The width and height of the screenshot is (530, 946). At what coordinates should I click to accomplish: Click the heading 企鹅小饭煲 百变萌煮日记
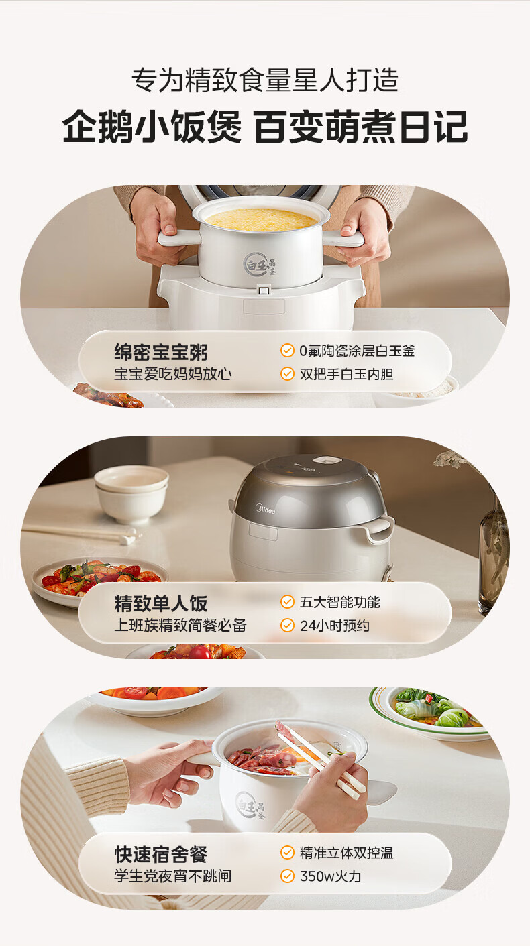tap(265, 126)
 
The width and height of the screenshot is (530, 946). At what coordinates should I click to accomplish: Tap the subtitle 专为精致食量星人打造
tap(265, 79)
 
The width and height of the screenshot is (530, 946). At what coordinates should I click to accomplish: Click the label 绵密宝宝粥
tap(160, 352)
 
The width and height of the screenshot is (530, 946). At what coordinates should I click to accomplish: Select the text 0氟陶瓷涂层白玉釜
tap(357, 351)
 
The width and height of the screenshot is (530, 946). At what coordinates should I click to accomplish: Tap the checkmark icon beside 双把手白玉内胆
tap(287, 373)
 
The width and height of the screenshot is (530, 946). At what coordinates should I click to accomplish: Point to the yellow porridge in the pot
tap(261, 219)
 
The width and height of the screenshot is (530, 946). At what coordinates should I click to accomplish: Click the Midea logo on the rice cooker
tap(265, 509)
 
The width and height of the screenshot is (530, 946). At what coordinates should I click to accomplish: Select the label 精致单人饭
tap(160, 603)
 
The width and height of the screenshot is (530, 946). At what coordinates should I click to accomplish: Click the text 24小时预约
tap(335, 626)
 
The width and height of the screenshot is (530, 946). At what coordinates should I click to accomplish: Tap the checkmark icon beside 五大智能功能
tap(287, 602)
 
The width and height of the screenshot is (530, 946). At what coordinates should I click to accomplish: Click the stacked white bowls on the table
tap(131, 493)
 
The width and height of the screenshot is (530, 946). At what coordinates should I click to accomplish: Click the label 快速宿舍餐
tap(160, 855)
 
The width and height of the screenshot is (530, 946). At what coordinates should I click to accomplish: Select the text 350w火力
tap(331, 876)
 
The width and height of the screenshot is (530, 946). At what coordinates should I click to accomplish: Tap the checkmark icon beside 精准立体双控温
tap(287, 853)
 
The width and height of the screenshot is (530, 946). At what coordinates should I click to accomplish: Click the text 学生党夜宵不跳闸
tap(173, 876)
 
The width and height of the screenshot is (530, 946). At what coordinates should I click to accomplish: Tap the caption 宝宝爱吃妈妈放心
tap(173, 373)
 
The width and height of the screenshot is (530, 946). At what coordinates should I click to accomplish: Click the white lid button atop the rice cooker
tap(329, 461)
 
